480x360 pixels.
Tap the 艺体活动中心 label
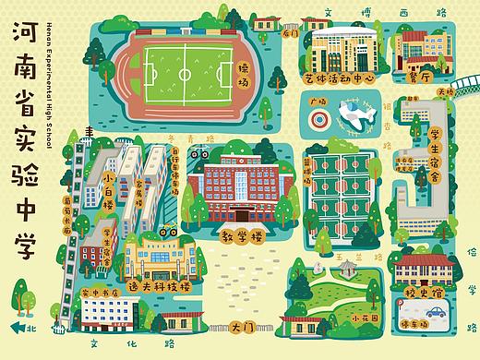[338, 79]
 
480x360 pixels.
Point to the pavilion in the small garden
[346, 270]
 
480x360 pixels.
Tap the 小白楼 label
[113, 179]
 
